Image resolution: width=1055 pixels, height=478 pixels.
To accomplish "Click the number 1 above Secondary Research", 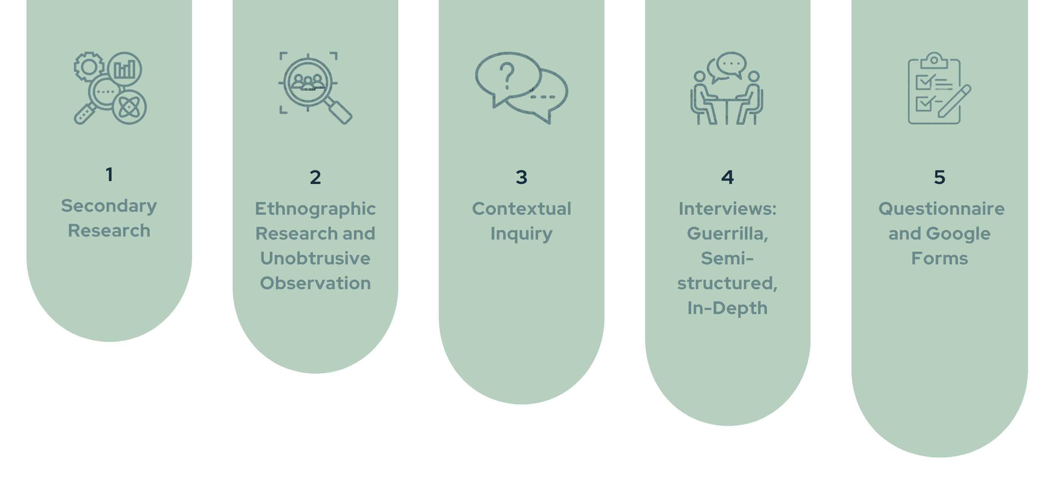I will [109, 175].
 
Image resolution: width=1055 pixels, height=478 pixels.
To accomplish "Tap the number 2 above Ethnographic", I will [315, 178].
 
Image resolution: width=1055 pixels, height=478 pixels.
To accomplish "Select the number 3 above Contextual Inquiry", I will [521, 178].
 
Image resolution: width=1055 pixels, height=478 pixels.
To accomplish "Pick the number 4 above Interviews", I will [727, 178].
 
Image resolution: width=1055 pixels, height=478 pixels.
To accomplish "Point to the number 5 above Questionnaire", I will [939, 178].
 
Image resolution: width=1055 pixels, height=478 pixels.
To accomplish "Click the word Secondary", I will [109, 206].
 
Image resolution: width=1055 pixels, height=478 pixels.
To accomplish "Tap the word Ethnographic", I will [315, 209].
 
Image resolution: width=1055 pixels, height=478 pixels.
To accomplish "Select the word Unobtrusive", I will [315, 259].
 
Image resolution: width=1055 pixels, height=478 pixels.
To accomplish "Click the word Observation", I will [315, 283].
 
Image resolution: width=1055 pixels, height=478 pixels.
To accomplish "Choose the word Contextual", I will [521, 209].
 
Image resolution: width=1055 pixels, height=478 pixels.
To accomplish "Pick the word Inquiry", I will [521, 234].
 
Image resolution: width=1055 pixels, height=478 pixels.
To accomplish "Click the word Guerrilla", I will [727, 234].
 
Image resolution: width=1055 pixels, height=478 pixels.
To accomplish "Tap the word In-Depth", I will [727, 308].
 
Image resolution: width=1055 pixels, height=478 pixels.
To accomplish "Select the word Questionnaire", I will [941, 209].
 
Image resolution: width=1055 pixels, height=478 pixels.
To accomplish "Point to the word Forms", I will [939, 259].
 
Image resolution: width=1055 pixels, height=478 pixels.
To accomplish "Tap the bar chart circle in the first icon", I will [125, 69].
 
